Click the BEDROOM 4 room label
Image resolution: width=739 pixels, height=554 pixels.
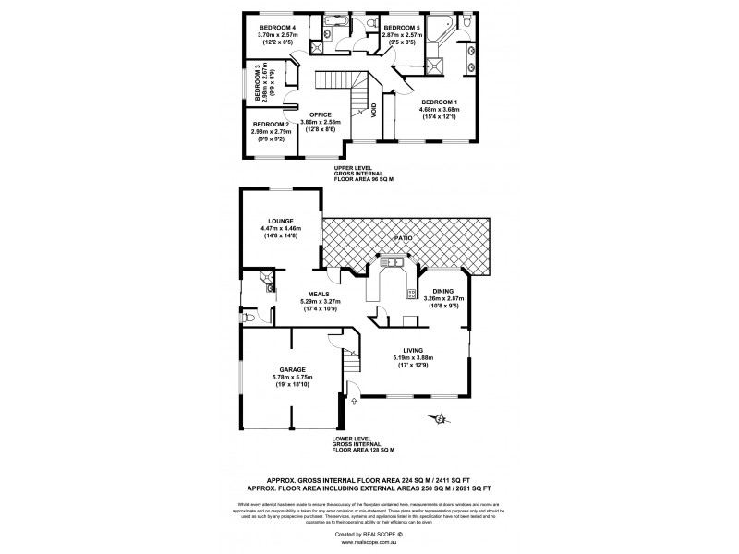pos(276,28)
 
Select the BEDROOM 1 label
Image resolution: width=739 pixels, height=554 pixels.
pos(440,102)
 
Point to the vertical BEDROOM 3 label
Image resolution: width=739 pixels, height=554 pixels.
pos(258,82)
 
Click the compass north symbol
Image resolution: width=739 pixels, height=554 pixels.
pos(440,422)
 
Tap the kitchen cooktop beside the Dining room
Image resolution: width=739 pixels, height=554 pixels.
pos(406,294)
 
